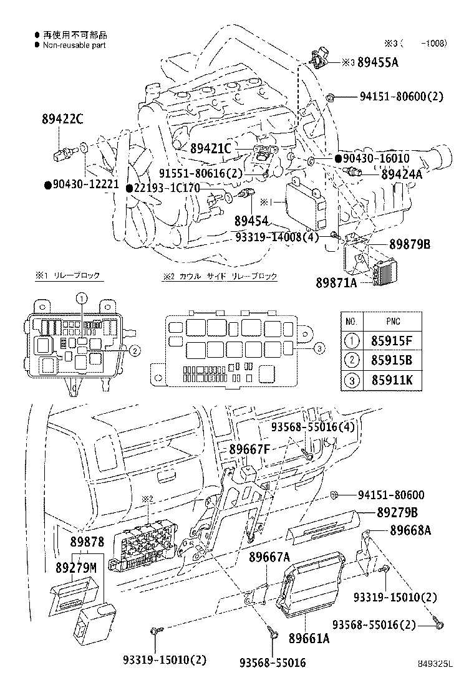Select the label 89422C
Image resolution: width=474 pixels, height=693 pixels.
(x=63, y=121)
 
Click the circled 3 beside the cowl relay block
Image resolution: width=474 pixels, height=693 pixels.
(x=319, y=348)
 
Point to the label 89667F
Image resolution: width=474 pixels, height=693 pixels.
(x=249, y=449)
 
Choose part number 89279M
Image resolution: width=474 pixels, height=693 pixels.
(x=76, y=567)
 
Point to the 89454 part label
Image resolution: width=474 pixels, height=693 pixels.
(x=251, y=221)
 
